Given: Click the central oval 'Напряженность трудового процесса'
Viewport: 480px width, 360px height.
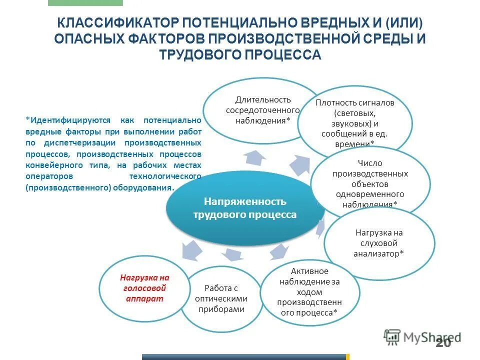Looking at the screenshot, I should [x=245, y=208].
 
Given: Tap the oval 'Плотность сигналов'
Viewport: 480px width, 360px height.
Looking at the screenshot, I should [x=355, y=120].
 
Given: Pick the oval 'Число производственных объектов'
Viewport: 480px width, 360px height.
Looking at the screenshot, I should [x=370, y=183].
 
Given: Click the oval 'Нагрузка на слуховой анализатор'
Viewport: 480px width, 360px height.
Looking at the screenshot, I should [x=379, y=243].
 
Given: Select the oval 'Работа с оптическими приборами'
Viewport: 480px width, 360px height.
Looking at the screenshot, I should [x=221, y=298].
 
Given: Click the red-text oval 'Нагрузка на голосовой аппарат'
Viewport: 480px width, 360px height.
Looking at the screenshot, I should [x=144, y=288].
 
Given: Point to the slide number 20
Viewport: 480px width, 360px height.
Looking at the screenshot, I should [x=442, y=342].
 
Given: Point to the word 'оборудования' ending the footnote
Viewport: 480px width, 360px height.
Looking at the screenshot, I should [x=147, y=188].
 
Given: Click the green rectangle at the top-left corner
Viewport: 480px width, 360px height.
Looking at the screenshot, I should [x=85, y=2].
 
